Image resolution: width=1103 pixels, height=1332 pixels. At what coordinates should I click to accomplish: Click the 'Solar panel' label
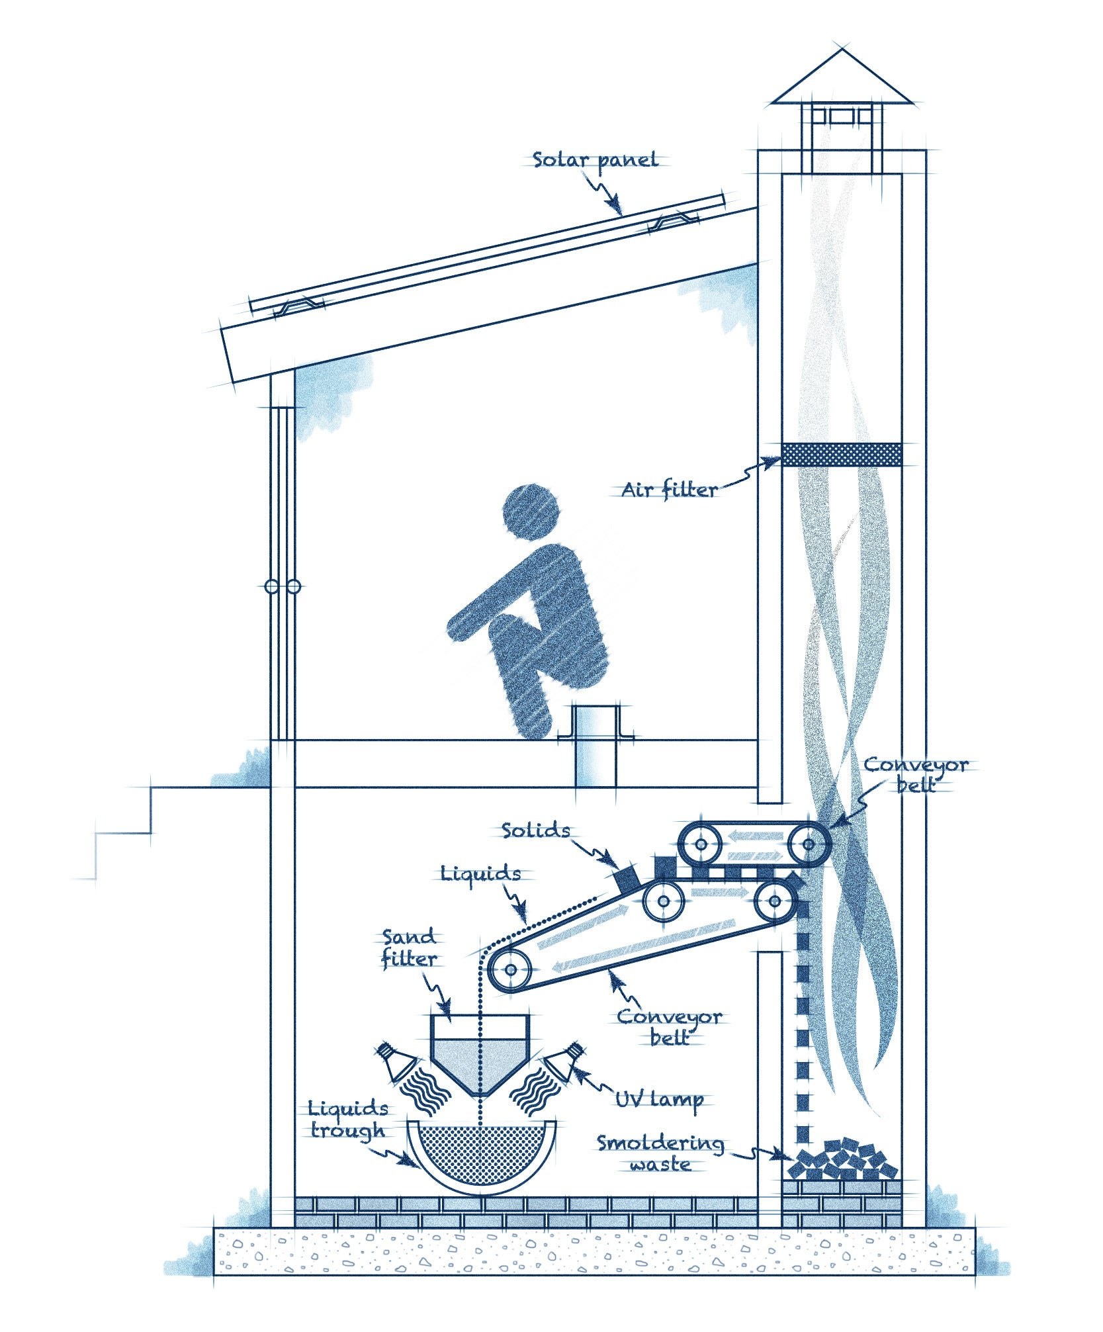(596, 159)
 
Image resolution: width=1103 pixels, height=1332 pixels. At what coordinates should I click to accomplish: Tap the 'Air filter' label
(669, 490)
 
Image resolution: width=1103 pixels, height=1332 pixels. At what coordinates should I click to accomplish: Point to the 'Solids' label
(535, 830)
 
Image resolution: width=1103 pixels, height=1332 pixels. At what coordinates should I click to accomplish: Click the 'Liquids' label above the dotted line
(481, 873)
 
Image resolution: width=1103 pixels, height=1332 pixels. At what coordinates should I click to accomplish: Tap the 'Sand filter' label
(409, 948)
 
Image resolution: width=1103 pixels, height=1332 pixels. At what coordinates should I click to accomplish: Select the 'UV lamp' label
(658, 1099)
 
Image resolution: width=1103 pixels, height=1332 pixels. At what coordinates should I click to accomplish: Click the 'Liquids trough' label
(349, 1118)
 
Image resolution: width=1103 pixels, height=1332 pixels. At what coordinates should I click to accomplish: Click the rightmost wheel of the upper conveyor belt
(809, 843)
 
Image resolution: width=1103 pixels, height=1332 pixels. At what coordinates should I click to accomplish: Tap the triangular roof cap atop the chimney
(842, 78)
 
